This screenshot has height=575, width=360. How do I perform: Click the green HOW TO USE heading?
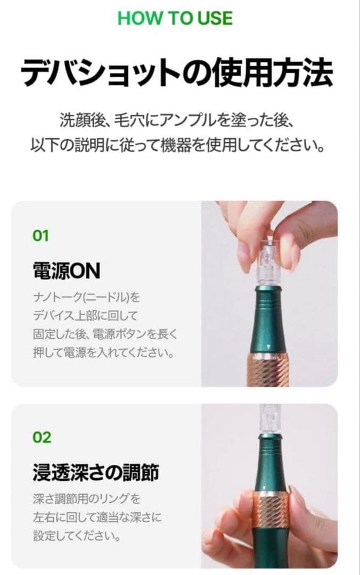pyautogui.click(x=175, y=18)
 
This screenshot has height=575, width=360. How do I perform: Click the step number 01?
pyautogui.click(x=41, y=236)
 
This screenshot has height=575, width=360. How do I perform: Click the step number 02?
pyautogui.click(x=42, y=438)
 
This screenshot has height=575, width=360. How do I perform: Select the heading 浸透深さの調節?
pyautogui.click(x=95, y=473)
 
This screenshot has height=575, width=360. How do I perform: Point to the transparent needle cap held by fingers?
pyautogui.click(x=265, y=261)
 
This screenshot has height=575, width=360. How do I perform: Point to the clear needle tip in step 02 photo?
pyautogui.click(x=265, y=418)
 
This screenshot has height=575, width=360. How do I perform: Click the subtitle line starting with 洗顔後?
pyautogui.click(x=177, y=120)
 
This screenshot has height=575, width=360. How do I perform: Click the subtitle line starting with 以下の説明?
pyautogui.click(x=177, y=145)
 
